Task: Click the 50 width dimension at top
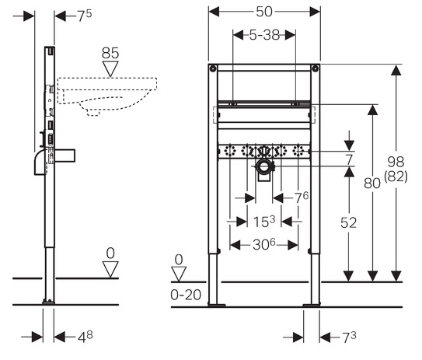click(x=264, y=12)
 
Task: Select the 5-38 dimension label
click(x=264, y=35)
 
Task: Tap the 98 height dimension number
click(x=396, y=162)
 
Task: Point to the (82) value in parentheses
click(x=396, y=177)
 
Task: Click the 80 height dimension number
click(x=372, y=183)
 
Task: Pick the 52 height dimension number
click(x=348, y=222)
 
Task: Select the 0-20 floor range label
click(x=186, y=295)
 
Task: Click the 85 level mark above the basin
click(x=110, y=53)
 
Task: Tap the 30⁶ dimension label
click(x=264, y=244)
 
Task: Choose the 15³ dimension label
click(x=264, y=222)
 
